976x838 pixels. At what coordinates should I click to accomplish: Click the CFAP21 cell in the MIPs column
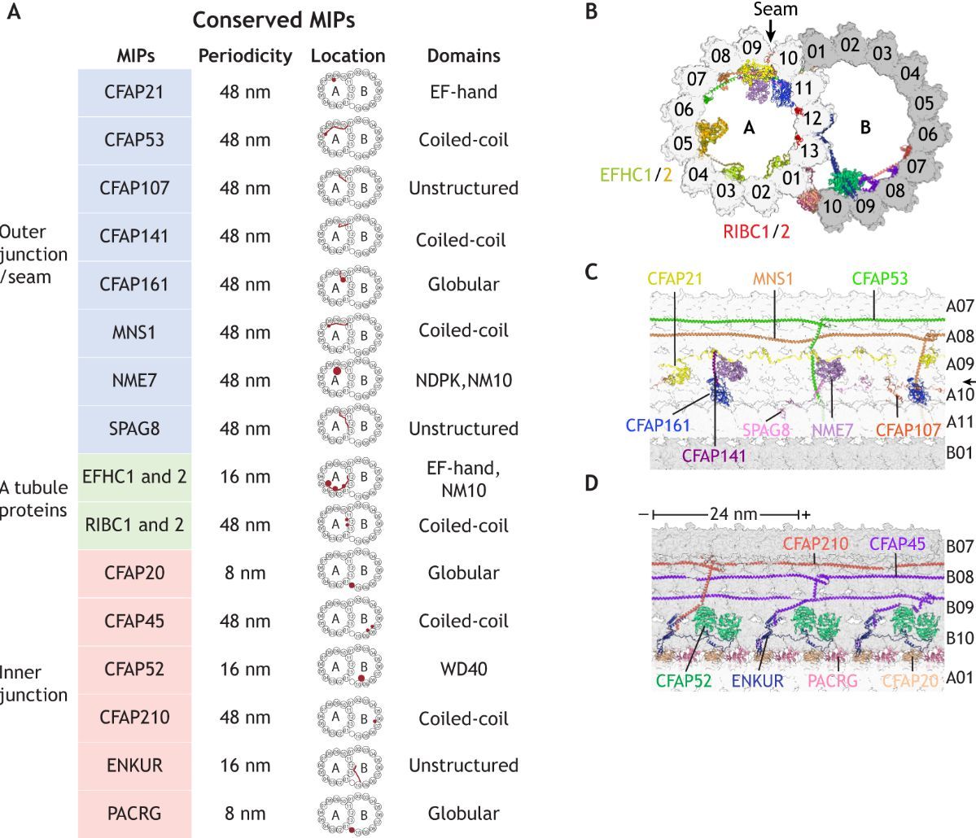(134, 92)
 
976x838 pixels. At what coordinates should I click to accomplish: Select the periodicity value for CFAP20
(244, 573)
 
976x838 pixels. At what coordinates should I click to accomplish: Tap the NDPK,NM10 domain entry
(463, 380)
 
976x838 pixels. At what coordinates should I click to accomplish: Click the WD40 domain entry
(463, 669)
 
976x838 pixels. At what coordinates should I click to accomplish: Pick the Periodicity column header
(245, 55)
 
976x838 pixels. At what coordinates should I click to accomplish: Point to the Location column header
(348, 55)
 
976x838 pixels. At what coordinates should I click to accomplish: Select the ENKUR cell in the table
(134, 766)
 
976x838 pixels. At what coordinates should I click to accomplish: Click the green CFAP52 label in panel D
(684, 679)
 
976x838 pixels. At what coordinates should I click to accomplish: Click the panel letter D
(592, 482)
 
